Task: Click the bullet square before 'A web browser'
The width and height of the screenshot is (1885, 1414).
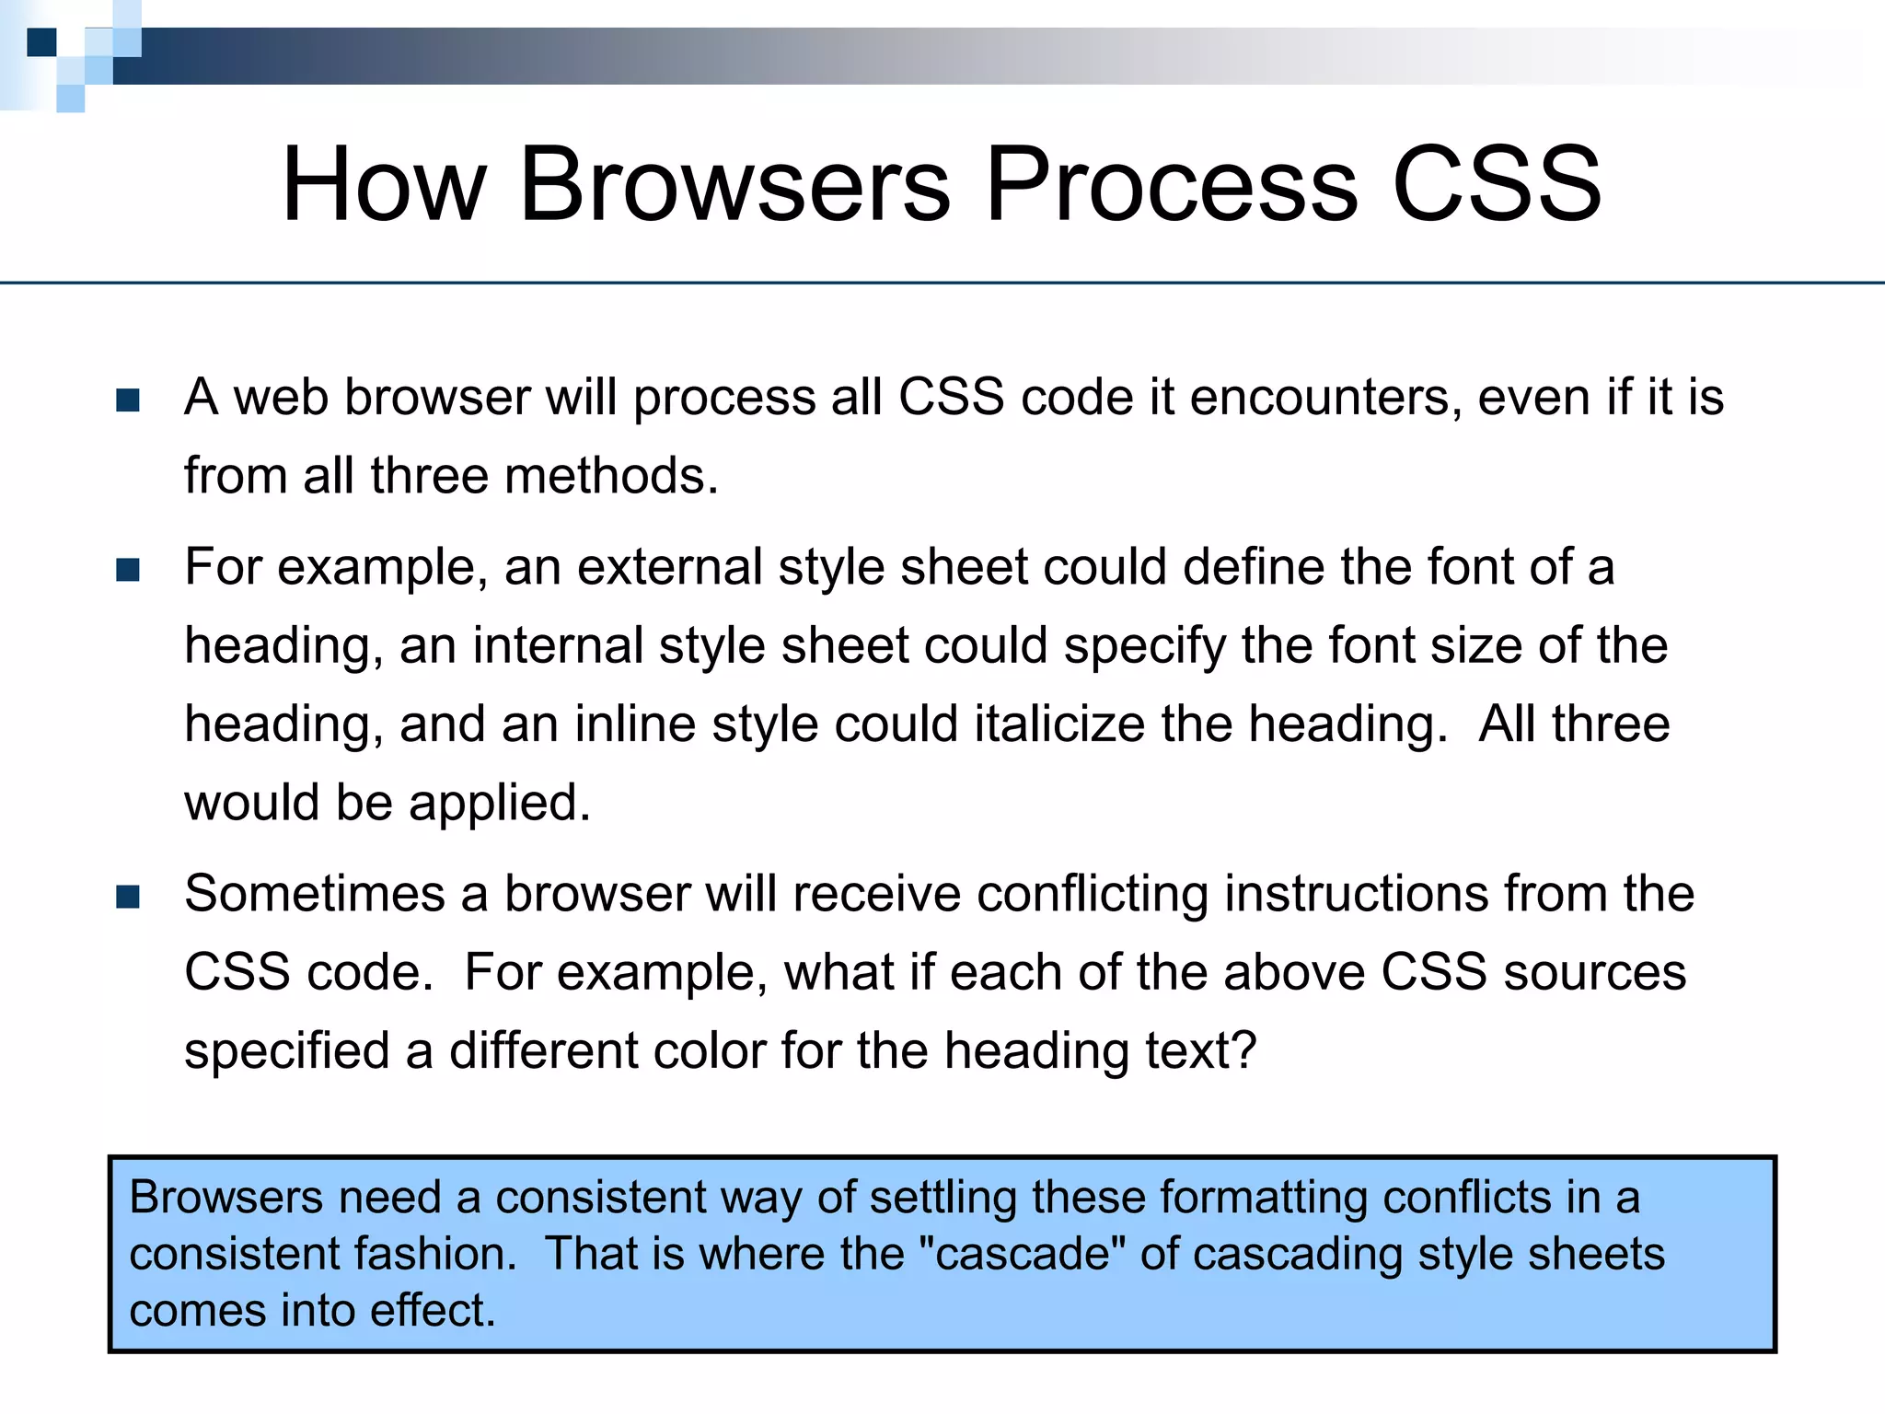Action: pos(128,400)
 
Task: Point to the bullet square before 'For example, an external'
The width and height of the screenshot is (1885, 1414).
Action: pos(128,570)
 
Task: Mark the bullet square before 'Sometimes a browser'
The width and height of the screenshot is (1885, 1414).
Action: pos(128,897)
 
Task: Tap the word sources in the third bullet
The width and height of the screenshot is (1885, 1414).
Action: pos(1594,972)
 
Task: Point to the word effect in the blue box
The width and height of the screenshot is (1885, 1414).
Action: pos(432,1310)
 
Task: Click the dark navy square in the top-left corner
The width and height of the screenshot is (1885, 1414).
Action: pos(41,42)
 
